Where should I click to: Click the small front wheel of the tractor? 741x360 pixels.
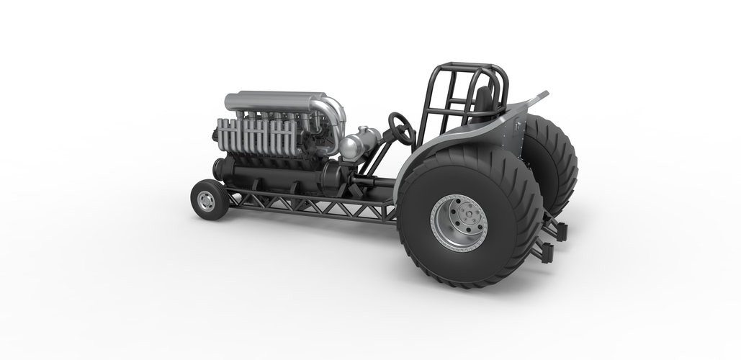[x=209, y=199]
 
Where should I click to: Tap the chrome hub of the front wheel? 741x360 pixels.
[x=207, y=201]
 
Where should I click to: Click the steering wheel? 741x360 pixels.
[x=401, y=128]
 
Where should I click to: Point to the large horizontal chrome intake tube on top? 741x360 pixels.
[x=274, y=101]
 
